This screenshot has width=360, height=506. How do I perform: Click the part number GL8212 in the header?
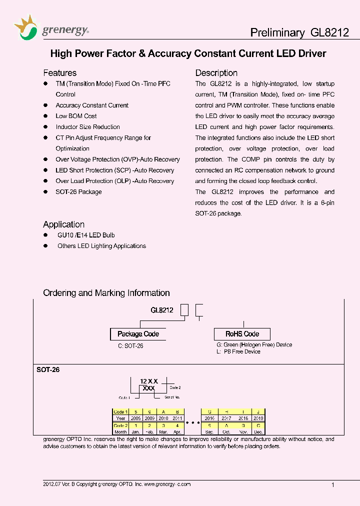point(329,32)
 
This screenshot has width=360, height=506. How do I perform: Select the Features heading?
point(59,73)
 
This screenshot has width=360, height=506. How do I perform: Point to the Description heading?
point(216,73)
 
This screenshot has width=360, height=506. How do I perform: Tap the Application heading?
point(63,224)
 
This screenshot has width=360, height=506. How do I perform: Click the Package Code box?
point(138,334)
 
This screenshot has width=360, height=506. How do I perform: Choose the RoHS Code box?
point(242,334)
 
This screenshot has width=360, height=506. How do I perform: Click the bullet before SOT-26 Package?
point(45,192)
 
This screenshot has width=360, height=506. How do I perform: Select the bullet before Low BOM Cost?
point(45,116)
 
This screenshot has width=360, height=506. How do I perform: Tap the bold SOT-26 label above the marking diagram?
point(48,370)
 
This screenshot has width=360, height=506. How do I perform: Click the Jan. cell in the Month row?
point(135,431)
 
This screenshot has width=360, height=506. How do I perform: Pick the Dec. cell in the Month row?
point(258,431)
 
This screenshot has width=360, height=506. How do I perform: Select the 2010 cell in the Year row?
point(163,418)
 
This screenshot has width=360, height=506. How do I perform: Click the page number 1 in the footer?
point(333,484)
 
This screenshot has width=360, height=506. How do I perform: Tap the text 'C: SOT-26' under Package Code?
point(131,346)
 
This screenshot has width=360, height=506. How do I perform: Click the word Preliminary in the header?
point(277,32)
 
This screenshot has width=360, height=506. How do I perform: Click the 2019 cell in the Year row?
point(258,418)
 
